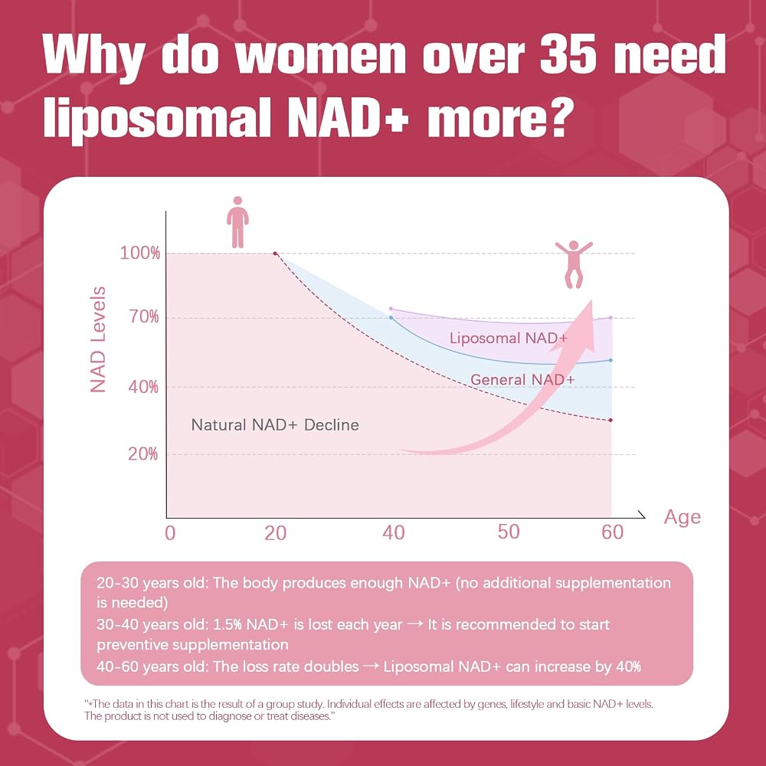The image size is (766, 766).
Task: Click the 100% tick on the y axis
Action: click(x=139, y=253)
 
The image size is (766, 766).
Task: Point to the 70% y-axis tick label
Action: click(x=144, y=317)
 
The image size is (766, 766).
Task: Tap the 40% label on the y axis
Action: click(x=143, y=387)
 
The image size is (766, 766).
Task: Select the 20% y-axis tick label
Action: click(x=142, y=453)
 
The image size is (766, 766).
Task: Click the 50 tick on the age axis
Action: click(x=508, y=532)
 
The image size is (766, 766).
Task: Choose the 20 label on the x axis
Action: click(x=276, y=533)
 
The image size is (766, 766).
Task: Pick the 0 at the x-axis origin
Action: click(x=170, y=533)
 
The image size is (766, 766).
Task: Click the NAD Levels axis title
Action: click(x=98, y=339)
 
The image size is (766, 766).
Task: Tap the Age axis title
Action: click(x=682, y=517)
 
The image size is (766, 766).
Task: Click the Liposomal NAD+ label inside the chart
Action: click(x=509, y=338)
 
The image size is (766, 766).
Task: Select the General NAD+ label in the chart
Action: click(x=522, y=380)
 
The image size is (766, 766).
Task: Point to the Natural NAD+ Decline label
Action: click(x=275, y=425)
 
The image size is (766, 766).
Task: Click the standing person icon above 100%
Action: click(x=238, y=222)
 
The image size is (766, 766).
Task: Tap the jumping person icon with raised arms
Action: click(x=574, y=264)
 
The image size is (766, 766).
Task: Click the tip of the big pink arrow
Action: click(x=591, y=300)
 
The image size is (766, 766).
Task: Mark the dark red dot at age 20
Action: click(x=275, y=254)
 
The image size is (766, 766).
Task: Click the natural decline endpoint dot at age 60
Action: click(x=611, y=420)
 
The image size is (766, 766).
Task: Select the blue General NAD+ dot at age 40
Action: click(x=391, y=318)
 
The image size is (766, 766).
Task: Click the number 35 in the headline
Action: click(x=568, y=54)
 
